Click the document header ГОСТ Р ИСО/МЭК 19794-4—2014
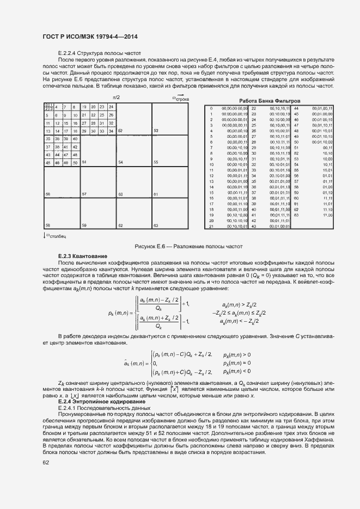click(x=90, y=36)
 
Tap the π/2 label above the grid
click(x=116, y=97)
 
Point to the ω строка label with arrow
click(x=180, y=99)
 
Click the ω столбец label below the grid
click(x=57, y=235)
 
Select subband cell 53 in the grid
click(x=156, y=131)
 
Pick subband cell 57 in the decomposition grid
click(x=84, y=194)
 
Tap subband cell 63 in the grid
click(x=156, y=225)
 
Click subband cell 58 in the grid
click(x=48, y=225)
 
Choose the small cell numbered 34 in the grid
click(x=111, y=131)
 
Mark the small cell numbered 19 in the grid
click(x=84, y=107)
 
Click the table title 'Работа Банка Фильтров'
click(x=270, y=101)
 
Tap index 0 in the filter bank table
click(x=211, y=109)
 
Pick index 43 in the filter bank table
click(x=253, y=226)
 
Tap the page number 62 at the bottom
click(x=46, y=463)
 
